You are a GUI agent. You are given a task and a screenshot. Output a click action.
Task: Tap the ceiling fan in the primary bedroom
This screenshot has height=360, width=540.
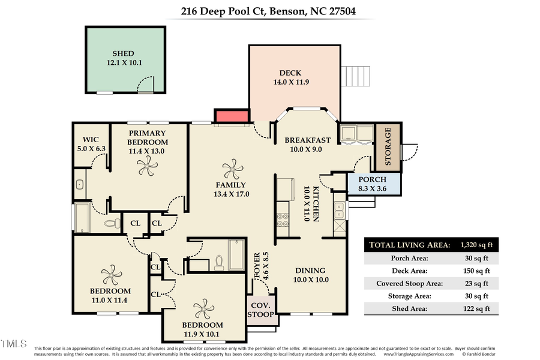pyautogui.click(x=146, y=169)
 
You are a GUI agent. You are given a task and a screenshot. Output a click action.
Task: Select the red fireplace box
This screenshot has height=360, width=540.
pyautogui.click(x=232, y=117)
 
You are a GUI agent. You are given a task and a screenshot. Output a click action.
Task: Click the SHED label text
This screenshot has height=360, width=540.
pyautogui.click(x=123, y=53)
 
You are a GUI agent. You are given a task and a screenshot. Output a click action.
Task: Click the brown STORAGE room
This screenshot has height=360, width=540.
pyautogui.click(x=387, y=146)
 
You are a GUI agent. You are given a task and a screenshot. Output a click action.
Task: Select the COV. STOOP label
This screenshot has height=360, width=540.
pyautogui.click(x=262, y=309)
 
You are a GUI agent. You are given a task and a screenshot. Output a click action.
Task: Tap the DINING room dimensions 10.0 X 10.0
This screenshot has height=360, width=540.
pyautogui.click(x=310, y=280)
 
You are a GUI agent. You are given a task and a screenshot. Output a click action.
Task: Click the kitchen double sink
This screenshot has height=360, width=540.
pyautogui.click(x=339, y=210)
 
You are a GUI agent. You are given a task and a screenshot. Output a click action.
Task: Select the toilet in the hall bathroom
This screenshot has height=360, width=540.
pyautogui.click(x=219, y=262)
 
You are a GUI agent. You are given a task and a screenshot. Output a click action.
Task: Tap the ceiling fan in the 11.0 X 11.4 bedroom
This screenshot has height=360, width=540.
pyautogui.click(x=112, y=275)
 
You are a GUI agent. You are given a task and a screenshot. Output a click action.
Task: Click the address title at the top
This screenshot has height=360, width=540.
pyautogui.click(x=270, y=10)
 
